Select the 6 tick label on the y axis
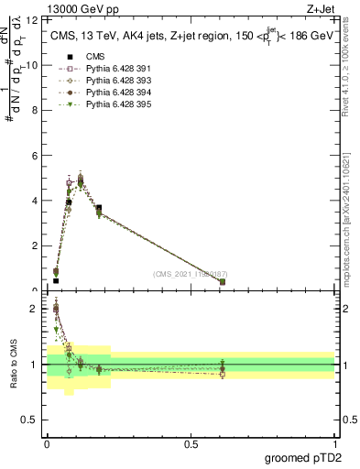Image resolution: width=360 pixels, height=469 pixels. coord(36,156)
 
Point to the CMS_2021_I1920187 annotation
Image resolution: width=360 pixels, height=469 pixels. coord(190,274)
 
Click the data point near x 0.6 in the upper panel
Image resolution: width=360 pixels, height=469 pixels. coord(223,281)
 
